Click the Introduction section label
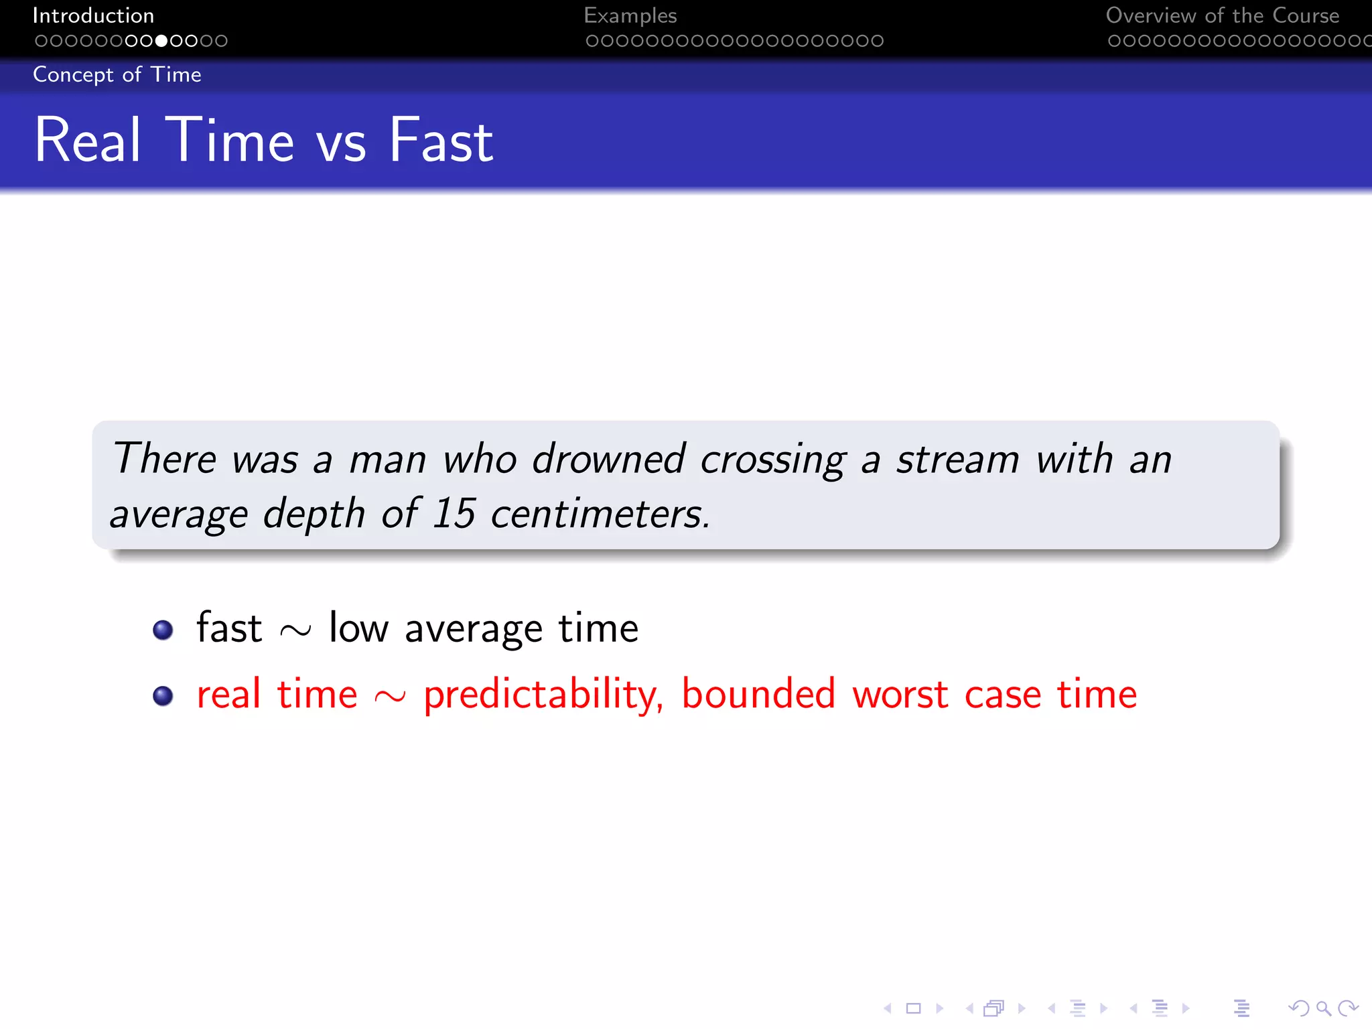tap(93, 15)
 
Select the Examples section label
tap(630, 15)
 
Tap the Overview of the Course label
tap(1222, 15)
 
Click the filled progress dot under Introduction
tap(161, 41)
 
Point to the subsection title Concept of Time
tap(117, 74)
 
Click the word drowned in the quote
tap(608, 460)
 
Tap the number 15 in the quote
tap(454, 514)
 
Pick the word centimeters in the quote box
tap(600, 514)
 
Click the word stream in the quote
tap(958, 460)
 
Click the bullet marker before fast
tap(163, 630)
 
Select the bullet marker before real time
tap(163, 695)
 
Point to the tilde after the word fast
tap(295, 630)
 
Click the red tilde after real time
tap(390, 697)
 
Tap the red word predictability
tap(543, 695)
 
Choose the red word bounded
tap(758, 694)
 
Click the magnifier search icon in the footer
tap(1322, 1008)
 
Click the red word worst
tap(900, 695)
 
